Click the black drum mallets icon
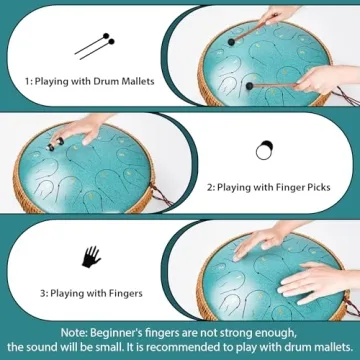click(x=95, y=46)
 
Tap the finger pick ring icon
click(x=264, y=150)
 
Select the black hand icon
click(x=91, y=257)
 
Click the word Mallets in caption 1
click(x=137, y=81)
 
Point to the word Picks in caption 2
click(x=316, y=187)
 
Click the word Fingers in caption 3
click(x=125, y=294)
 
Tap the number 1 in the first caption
click(x=27, y=81)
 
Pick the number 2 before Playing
click(x=209, y=188)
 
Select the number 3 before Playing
click(x=42, y=294)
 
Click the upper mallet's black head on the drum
click(x=231, y=42)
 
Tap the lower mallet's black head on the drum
click(x=249, y=86)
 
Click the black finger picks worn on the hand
click(x=56, y=145)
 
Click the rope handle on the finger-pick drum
click(x=161, y=195)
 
